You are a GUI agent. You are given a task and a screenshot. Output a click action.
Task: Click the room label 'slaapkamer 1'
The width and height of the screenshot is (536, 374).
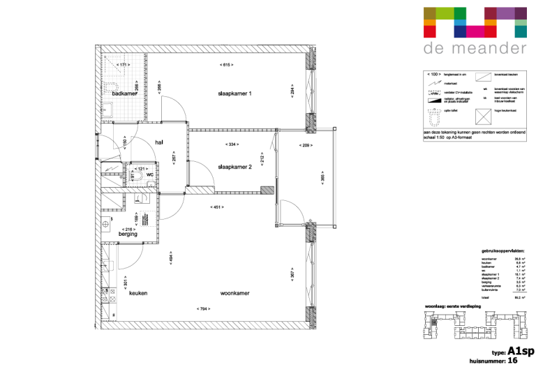(x=234, y=93)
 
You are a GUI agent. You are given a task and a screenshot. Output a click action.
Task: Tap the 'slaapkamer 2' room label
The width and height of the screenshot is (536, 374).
(x=234, y=167)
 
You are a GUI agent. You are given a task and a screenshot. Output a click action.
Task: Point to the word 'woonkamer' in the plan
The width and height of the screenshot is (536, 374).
(x=235, y=294)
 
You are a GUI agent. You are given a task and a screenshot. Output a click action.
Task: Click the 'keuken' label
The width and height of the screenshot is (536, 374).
(x=138, y=294)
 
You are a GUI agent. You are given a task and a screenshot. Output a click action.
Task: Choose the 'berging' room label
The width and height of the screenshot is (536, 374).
(x=128, y=234)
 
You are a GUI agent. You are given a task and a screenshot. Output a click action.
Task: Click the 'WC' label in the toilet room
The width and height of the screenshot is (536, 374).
(x=149, y=175)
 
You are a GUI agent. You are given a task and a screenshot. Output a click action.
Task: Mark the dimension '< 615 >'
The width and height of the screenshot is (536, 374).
(x=225, y=65)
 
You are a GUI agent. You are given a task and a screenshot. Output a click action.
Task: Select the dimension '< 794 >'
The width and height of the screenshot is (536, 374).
(x=203, y=309)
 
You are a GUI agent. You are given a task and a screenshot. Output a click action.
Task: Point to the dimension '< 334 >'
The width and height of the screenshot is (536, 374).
(x=232, y=144)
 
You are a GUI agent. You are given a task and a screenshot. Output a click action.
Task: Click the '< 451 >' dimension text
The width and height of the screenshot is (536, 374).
(x=217, y=207)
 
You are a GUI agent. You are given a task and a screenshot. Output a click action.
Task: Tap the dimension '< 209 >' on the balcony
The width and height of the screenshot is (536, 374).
(x=305, y=144)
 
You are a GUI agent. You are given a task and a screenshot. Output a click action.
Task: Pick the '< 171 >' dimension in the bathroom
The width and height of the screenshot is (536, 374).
(x=122, y=65)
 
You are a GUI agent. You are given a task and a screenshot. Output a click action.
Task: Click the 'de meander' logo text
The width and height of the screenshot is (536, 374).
(x=475, y=49)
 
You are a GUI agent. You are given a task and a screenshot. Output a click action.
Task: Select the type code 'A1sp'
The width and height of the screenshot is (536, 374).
(x=519, y=352)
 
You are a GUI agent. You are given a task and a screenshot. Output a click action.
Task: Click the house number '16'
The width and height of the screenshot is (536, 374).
(x=512, y=361)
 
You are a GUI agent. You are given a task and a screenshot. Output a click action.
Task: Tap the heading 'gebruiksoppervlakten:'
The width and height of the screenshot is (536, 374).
(x=502, y=250)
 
